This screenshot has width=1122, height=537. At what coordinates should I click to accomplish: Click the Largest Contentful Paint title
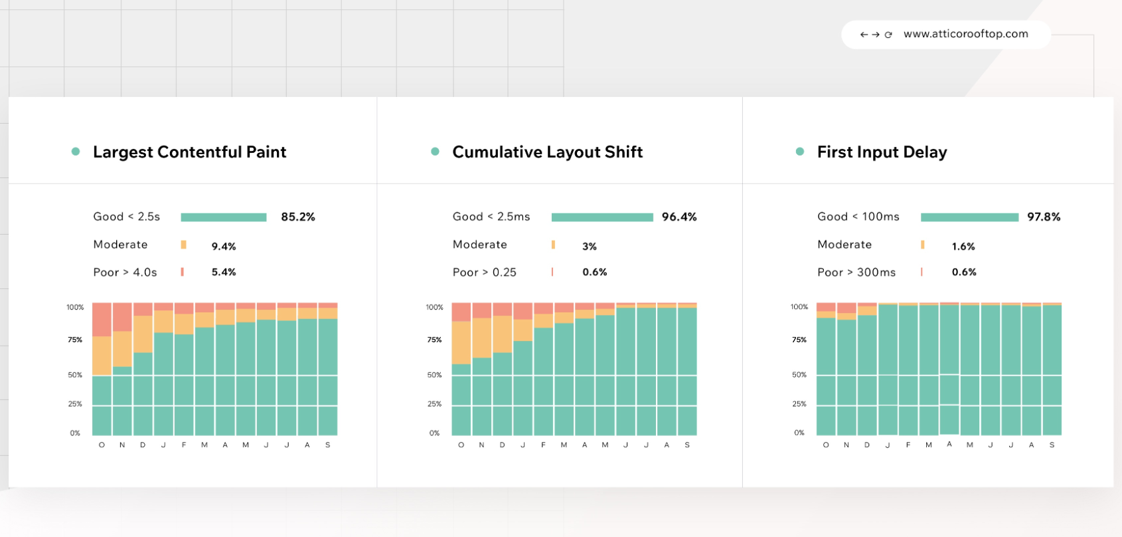189,152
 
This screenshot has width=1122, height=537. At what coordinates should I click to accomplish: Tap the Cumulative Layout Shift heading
547,152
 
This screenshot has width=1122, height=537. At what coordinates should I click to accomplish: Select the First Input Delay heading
882,152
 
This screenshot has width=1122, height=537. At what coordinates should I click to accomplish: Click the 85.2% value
298,217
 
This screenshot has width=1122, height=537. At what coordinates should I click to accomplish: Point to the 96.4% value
679,217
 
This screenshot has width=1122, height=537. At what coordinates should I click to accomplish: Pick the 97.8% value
1044,217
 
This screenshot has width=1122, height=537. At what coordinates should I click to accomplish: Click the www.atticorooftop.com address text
965,34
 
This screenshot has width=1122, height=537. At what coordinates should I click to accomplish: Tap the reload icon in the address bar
888,35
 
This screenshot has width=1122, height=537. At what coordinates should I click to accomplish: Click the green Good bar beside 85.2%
224,217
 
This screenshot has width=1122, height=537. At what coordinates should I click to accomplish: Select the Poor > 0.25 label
484,272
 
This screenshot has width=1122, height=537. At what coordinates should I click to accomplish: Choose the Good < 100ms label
858,217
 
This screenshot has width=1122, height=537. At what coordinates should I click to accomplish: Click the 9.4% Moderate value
224,247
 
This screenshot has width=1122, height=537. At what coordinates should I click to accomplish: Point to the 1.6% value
963,247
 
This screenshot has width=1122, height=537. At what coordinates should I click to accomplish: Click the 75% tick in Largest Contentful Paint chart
75,340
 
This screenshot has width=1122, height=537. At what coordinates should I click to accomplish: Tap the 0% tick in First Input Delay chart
799,433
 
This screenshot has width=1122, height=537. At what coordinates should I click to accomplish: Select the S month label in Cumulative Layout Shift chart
687,445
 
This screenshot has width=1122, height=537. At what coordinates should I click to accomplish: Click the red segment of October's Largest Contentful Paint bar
102,320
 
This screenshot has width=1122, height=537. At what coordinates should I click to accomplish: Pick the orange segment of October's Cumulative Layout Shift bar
461,342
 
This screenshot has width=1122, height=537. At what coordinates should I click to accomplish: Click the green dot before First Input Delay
800,152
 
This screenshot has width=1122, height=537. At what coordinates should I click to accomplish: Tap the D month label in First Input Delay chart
867,445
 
